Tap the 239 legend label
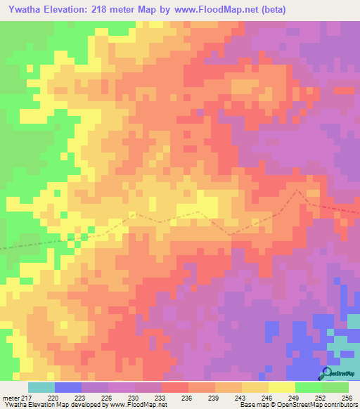coord(215,398)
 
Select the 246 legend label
coord(268,398)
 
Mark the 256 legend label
coord(347,398)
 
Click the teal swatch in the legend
coord(41,387)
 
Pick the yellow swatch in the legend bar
coord(281,387)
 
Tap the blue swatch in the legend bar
coord(68,387)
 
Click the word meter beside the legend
coord(9,398)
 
